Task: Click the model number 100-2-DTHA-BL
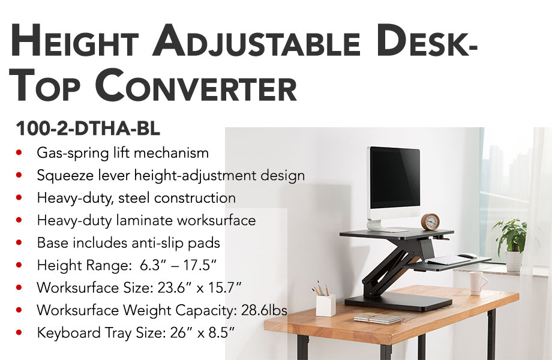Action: pos(88,128)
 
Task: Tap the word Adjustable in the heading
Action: pos(256,41)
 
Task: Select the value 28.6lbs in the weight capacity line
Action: pos(264,310)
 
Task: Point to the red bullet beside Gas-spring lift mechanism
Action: pos(19,153)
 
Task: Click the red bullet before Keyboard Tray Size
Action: pos(19,332)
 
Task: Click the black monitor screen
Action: pos(395,179)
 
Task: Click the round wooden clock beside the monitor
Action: pos(430,222)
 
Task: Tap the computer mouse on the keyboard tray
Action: pos(467,256)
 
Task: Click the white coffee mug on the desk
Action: pos(478,283)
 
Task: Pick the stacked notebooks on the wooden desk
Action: pos(377,318)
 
